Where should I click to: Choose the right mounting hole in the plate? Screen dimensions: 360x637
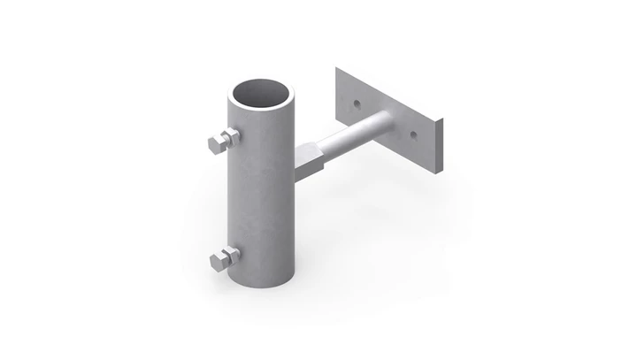tap(412, 134)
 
